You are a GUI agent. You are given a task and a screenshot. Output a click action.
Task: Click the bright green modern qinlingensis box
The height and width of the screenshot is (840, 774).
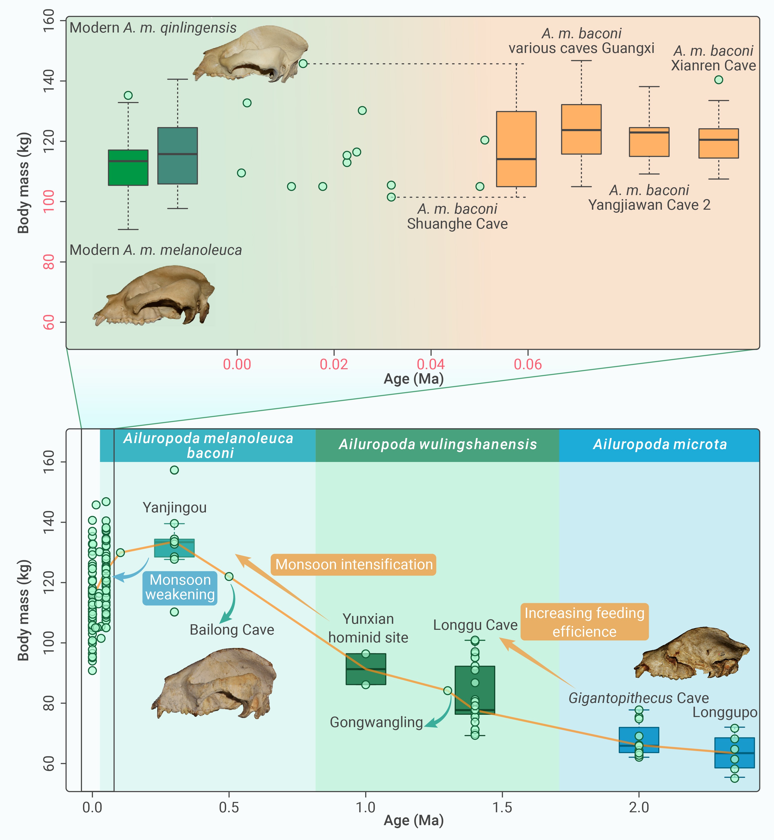click(x=128, y=168)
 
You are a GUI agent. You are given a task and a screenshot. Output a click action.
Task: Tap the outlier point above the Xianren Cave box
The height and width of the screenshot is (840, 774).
click(x=719, y=80)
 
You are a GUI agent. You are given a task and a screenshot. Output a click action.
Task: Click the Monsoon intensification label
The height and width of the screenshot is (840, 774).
click(x=354, y=565)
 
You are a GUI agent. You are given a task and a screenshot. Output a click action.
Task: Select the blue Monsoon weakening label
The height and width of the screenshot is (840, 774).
click(x=180, y=587)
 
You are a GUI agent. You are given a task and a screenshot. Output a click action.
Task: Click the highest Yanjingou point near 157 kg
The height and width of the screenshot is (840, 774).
click(x=174, y=470)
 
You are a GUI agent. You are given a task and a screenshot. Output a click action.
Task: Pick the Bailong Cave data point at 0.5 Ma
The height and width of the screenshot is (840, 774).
click(x=229, y=577)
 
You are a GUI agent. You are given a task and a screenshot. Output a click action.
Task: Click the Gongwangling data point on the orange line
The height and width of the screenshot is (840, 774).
click(x=448, y=691)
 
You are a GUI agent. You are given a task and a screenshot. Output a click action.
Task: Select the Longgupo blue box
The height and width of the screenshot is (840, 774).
click(x=735, y=753)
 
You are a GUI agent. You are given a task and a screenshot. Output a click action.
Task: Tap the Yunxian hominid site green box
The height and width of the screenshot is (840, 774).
click(x=366, y=669)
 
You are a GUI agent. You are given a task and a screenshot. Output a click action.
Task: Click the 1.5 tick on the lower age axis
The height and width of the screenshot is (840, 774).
click(x=502, y=807)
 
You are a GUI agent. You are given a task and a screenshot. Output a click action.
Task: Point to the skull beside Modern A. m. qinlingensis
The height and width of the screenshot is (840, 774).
click(x=251, y=54)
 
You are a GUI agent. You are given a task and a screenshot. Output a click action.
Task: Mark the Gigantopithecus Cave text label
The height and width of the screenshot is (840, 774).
click(x=638, y=698)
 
